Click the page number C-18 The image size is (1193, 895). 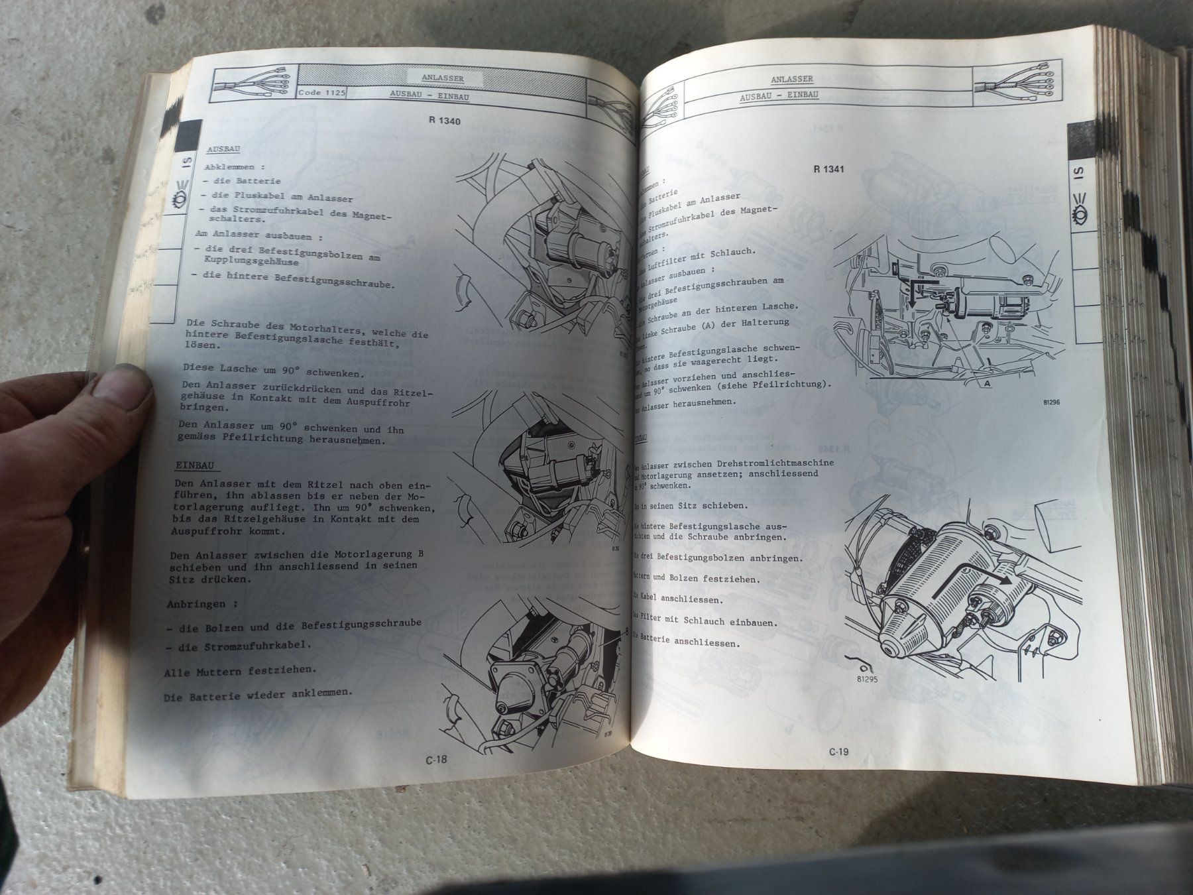coord(437,760)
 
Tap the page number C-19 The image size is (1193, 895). coord(838,752)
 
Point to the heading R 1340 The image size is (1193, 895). coord(445,121)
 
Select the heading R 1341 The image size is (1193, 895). coord(828,169)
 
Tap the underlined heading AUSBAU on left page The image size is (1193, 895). coord(223,150)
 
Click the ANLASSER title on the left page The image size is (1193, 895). coord(443,78)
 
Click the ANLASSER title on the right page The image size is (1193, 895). coord(791,80)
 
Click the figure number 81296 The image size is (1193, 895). coord(1051,402)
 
